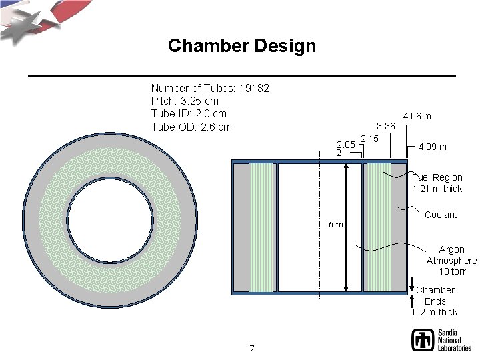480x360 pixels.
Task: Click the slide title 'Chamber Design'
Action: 241,46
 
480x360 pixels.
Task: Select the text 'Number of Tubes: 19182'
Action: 210,88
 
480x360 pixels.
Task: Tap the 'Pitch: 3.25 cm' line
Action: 185,101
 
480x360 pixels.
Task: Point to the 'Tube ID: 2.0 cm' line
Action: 189,114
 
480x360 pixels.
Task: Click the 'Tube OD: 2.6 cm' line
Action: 191,127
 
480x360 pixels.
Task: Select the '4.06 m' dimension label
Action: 417,116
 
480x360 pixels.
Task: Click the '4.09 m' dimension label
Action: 432,147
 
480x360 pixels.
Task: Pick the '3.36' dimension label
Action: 386,126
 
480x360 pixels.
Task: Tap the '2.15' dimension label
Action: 369,139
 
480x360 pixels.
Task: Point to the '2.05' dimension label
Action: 346,144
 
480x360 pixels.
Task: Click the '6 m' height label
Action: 335,224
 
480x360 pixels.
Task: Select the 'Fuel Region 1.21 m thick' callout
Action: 437,183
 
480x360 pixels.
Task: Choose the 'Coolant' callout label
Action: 440,215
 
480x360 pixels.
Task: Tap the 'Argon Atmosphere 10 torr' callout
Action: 451,261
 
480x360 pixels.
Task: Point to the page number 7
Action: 251,348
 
